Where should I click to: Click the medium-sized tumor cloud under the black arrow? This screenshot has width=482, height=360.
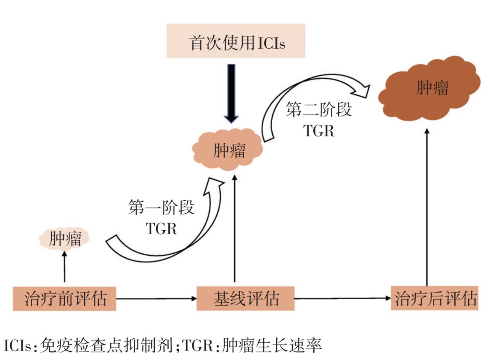coord(229,150)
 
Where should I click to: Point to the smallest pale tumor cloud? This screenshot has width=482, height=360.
coord(65,239)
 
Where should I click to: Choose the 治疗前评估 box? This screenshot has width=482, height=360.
coord(65,298)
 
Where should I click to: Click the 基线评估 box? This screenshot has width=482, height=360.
coord(245,298)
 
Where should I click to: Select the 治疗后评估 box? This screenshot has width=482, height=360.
coord(436,298)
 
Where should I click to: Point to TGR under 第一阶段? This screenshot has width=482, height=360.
coord(162,228)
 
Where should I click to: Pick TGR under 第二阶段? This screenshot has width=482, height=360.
coord(319,130)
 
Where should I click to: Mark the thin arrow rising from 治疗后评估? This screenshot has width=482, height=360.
coord(427,205)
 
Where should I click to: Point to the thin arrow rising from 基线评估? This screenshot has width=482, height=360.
coord(233,228)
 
